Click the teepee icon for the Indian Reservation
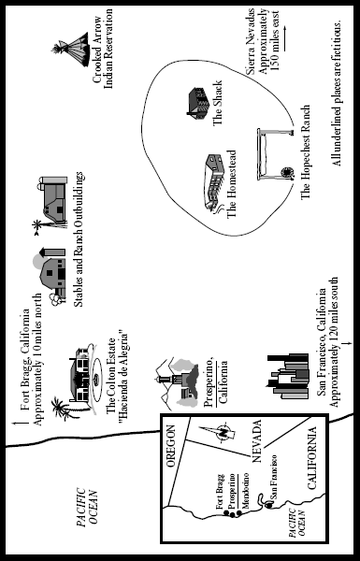[x=72, y=50]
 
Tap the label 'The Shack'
[x=218, y=103]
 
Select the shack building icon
[x=198, y=103]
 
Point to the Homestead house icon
[x=214, y=183]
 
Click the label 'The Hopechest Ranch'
[x=305, y=152]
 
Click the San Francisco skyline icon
[x=288, y=377]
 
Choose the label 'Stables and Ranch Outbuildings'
[x=79, y=239]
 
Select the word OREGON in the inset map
[x=172, y=446]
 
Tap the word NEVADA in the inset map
[x=257, y=441]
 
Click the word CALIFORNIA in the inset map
[x=312, y=458]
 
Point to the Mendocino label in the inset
[x=246, y=491]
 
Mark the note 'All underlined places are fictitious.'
[x=338, y=92]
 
